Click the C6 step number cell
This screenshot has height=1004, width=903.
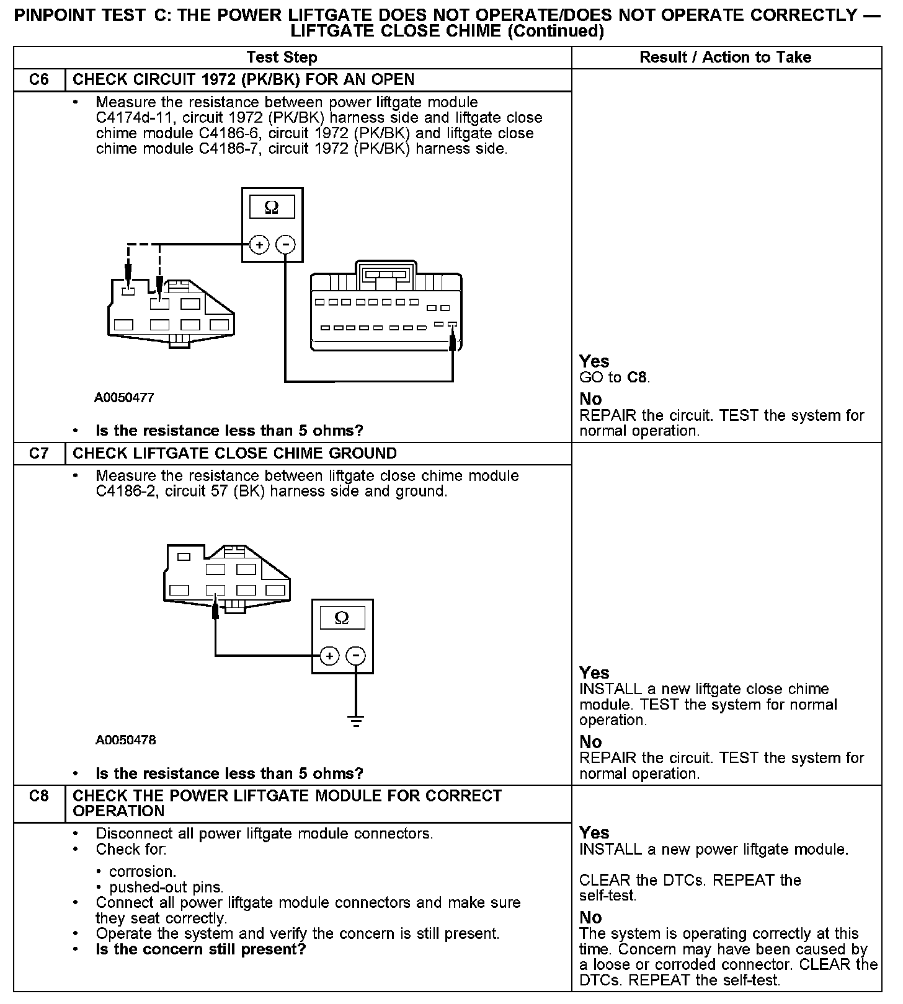pos(38,80)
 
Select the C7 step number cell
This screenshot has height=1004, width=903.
pos(38,454)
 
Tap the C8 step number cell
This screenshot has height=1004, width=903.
pos(38,796)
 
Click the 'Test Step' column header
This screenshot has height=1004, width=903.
pos(282,58)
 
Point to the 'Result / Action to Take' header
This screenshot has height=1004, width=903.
pos(725,58)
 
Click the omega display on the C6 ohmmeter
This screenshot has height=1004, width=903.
pos(272,207)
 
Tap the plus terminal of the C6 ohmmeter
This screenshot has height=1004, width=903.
pos(259,245)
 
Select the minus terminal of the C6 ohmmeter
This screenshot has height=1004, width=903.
pos(285,245)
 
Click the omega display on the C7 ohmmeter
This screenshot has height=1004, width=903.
pos(342,618)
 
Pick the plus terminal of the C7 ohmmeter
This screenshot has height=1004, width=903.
pos(329,656)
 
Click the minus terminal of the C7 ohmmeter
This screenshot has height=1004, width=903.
pos(355,656)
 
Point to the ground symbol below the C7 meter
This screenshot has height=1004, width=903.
pos(355,721)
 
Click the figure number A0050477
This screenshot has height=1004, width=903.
pos(124,398)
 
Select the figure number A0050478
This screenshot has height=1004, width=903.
pos(125,740)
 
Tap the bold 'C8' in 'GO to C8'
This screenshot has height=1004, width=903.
pos(638,377)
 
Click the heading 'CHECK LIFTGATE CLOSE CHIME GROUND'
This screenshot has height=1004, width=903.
pos(234,454)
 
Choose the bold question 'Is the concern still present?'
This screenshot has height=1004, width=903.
pos(201,949)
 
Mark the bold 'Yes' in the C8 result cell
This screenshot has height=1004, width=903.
pos(594,832)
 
